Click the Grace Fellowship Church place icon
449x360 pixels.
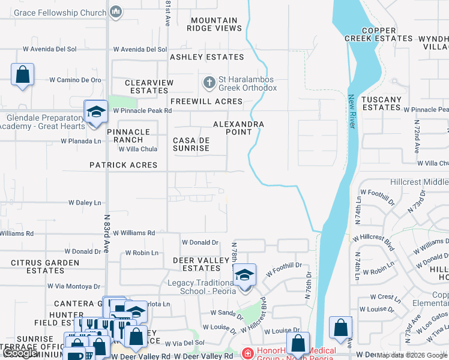click(116, 11)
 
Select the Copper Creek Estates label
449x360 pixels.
click(378, 34)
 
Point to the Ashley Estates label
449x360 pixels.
click(207, 57)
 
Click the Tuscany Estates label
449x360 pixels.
click(382, 103)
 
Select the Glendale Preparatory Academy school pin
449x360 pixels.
click(95, 112)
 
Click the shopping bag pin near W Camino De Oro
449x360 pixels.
click(22, 75)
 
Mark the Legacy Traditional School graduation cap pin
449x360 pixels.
click(244, 275)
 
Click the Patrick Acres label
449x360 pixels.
click(123, 165)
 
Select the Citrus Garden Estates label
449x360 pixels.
click(45, 266)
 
